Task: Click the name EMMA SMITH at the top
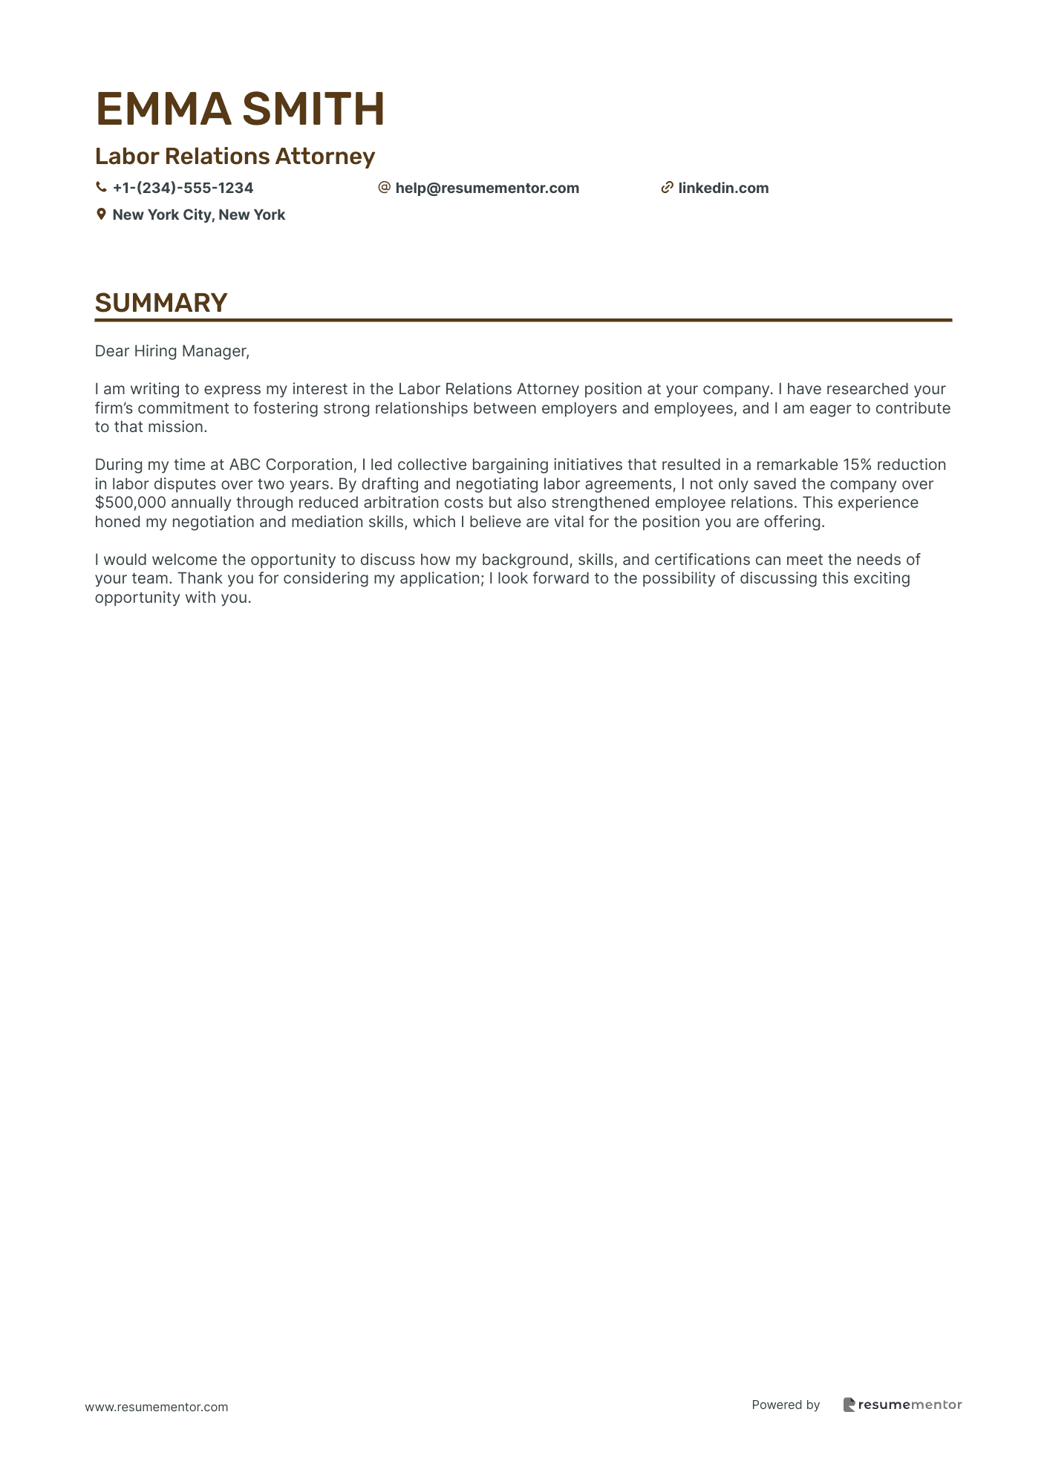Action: [240, 108]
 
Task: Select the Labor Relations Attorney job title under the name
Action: [235, 156]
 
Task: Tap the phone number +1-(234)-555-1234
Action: [183, 188]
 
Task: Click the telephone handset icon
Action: [101, 188]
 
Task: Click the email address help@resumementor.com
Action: [487, 188]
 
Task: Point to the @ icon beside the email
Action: [384, 188]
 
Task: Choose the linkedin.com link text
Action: [723, 188]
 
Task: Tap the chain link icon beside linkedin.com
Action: [667, 188]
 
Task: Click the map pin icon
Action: [101, 215]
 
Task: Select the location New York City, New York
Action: [198, 215]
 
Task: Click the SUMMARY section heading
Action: [160, 303]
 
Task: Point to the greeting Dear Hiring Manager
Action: [172, 351]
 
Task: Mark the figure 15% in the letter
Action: [857, 465]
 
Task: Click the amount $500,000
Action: [130, 503]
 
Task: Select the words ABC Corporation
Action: [291, 465]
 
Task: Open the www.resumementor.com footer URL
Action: [157, 1407]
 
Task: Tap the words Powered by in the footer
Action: [786, 1405]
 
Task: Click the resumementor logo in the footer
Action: [902, 1405]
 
